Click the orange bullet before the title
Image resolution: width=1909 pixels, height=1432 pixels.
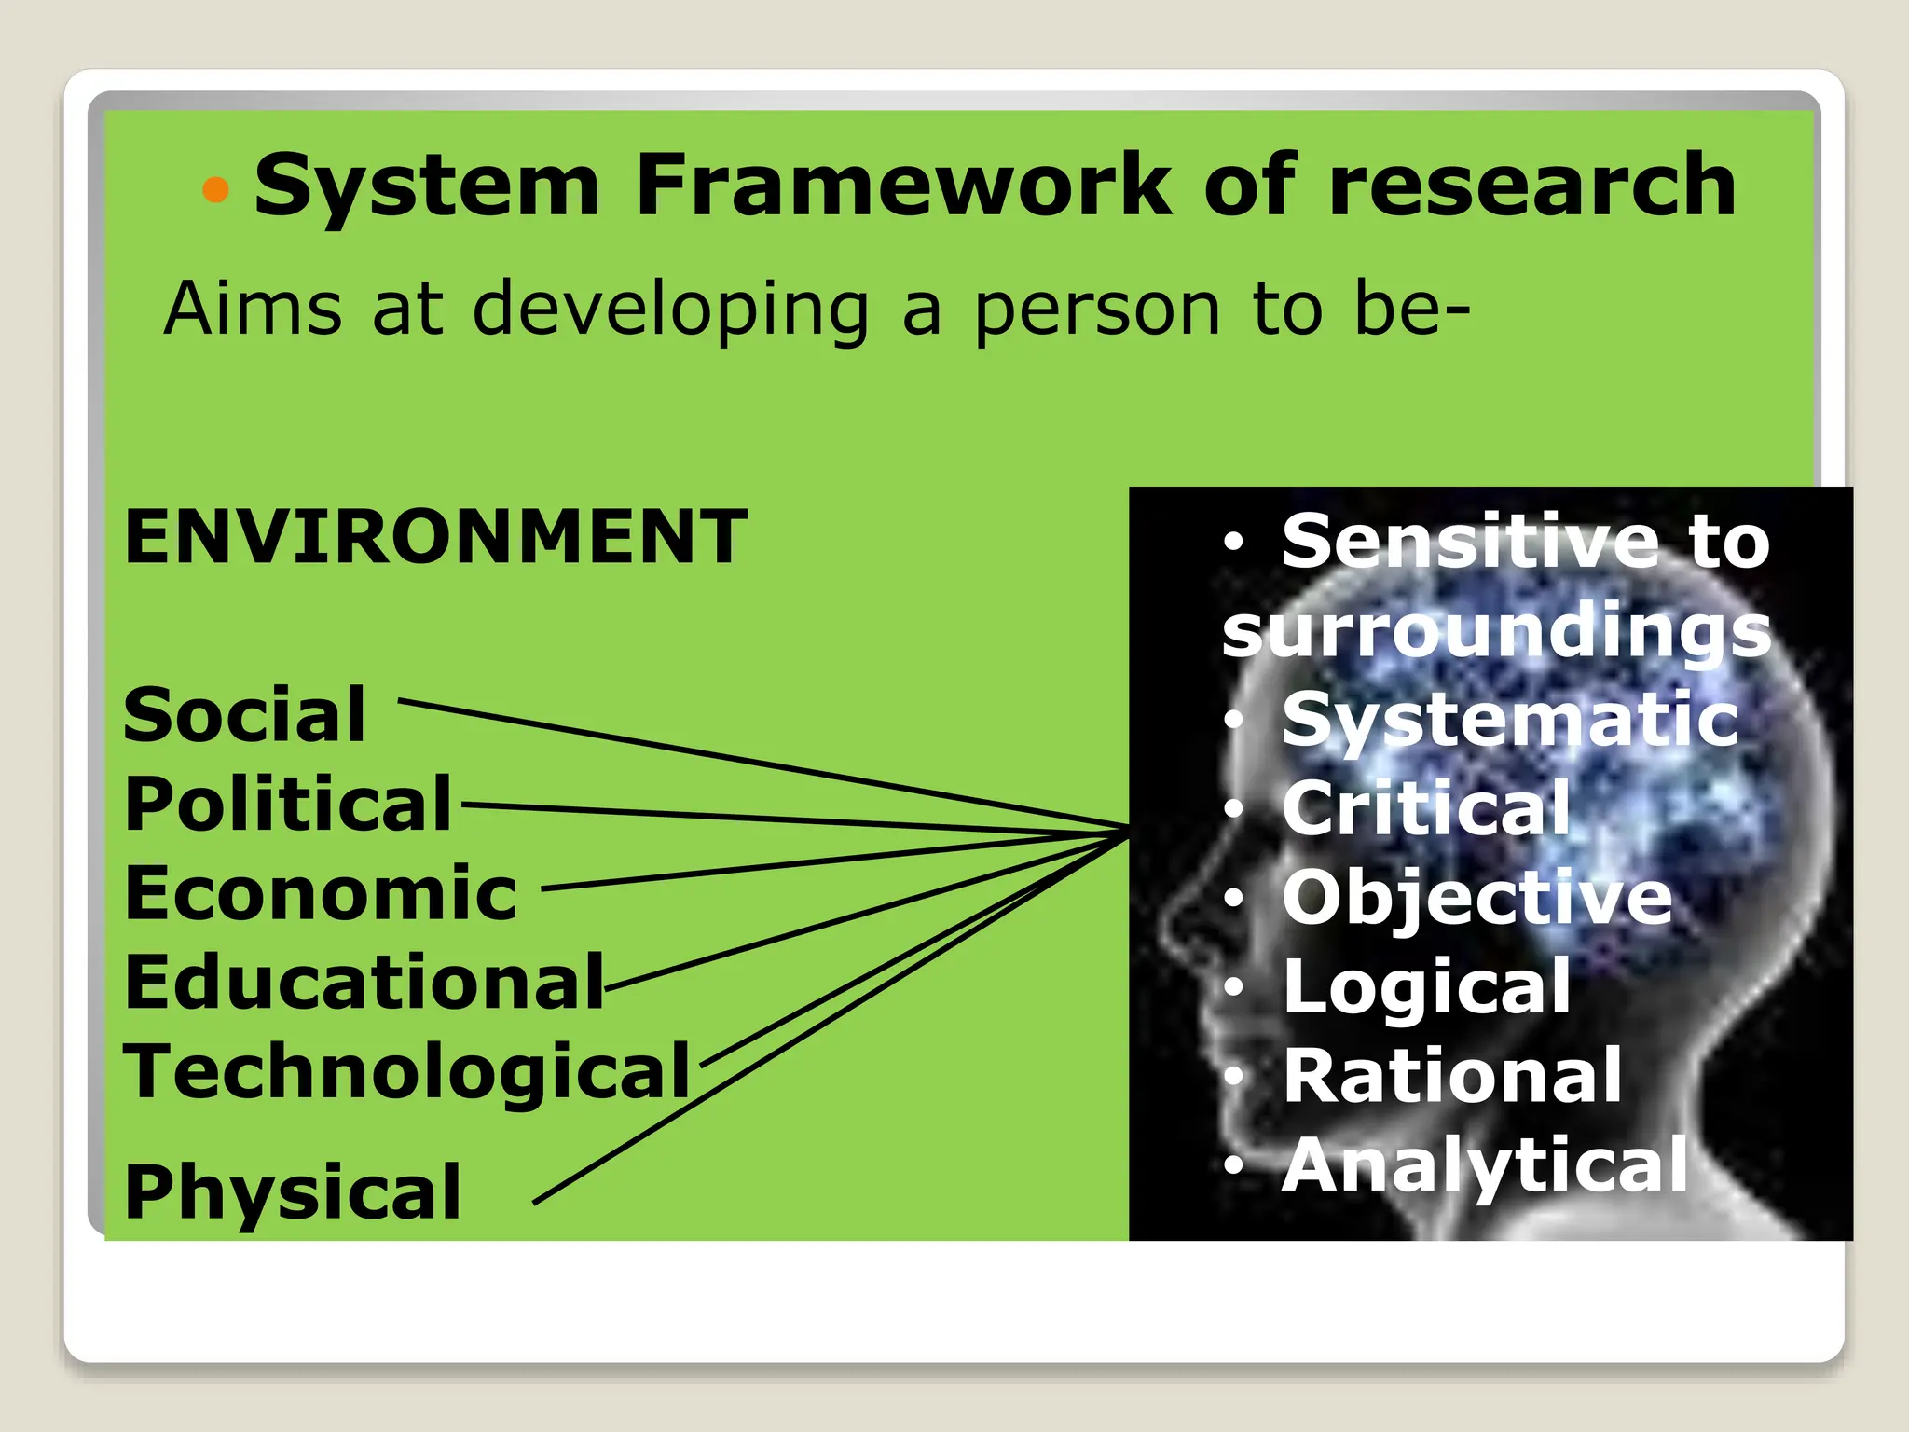pyautogui.click(x=215, y=190)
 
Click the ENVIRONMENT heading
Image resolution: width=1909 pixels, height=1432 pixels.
pyautogui.click(x=435, y=537)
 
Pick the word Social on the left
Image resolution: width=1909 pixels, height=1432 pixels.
pyautogui.click(x=244, y=715)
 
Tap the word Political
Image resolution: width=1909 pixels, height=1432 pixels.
pyautogui.click(x=288, y=804)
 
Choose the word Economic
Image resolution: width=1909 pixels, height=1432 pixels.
pyautogui.click(x=321, y=893)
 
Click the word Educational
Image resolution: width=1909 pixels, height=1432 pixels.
pyautogui.click(x=364, y=983)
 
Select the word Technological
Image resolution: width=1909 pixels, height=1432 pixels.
pyautogui.click(x=406, y=1072)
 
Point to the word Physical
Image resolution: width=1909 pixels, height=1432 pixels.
pyautogui.click(x=293, y=1191)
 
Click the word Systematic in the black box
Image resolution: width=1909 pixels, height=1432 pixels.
pyautogui.click(x=1510, y=720)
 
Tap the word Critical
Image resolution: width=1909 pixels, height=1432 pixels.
pyautogui.click(x=1426, y=808)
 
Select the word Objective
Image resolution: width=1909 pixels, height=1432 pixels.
pyautogui.click(x=1477, y=898)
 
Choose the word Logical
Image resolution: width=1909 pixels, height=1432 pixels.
pyautogui.click(x=1426, y=986)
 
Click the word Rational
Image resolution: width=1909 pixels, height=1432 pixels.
pyautogui.click(x=1452, y=1076)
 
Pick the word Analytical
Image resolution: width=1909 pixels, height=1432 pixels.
pyautogui.click(x=1485, y=1165)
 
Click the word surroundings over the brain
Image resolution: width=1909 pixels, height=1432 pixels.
pyautogui.click(x=1496, y=632)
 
